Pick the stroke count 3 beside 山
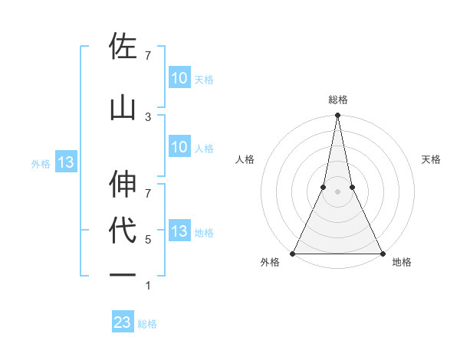pos(148,116)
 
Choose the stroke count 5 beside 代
pos(148,240)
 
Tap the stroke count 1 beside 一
pos(148,286)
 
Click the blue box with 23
pos(123,322)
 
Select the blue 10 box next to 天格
pos(179,77)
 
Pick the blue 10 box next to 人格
pos(179,147)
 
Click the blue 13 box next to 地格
pos(179,231)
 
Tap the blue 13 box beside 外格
pos(65,162)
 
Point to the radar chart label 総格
pos(337,100)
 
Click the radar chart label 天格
pos(432,159)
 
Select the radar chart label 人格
pos(245,159)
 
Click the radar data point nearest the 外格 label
pos(293,253)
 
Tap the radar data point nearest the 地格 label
pos(382,253)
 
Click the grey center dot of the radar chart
pos(337,191)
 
